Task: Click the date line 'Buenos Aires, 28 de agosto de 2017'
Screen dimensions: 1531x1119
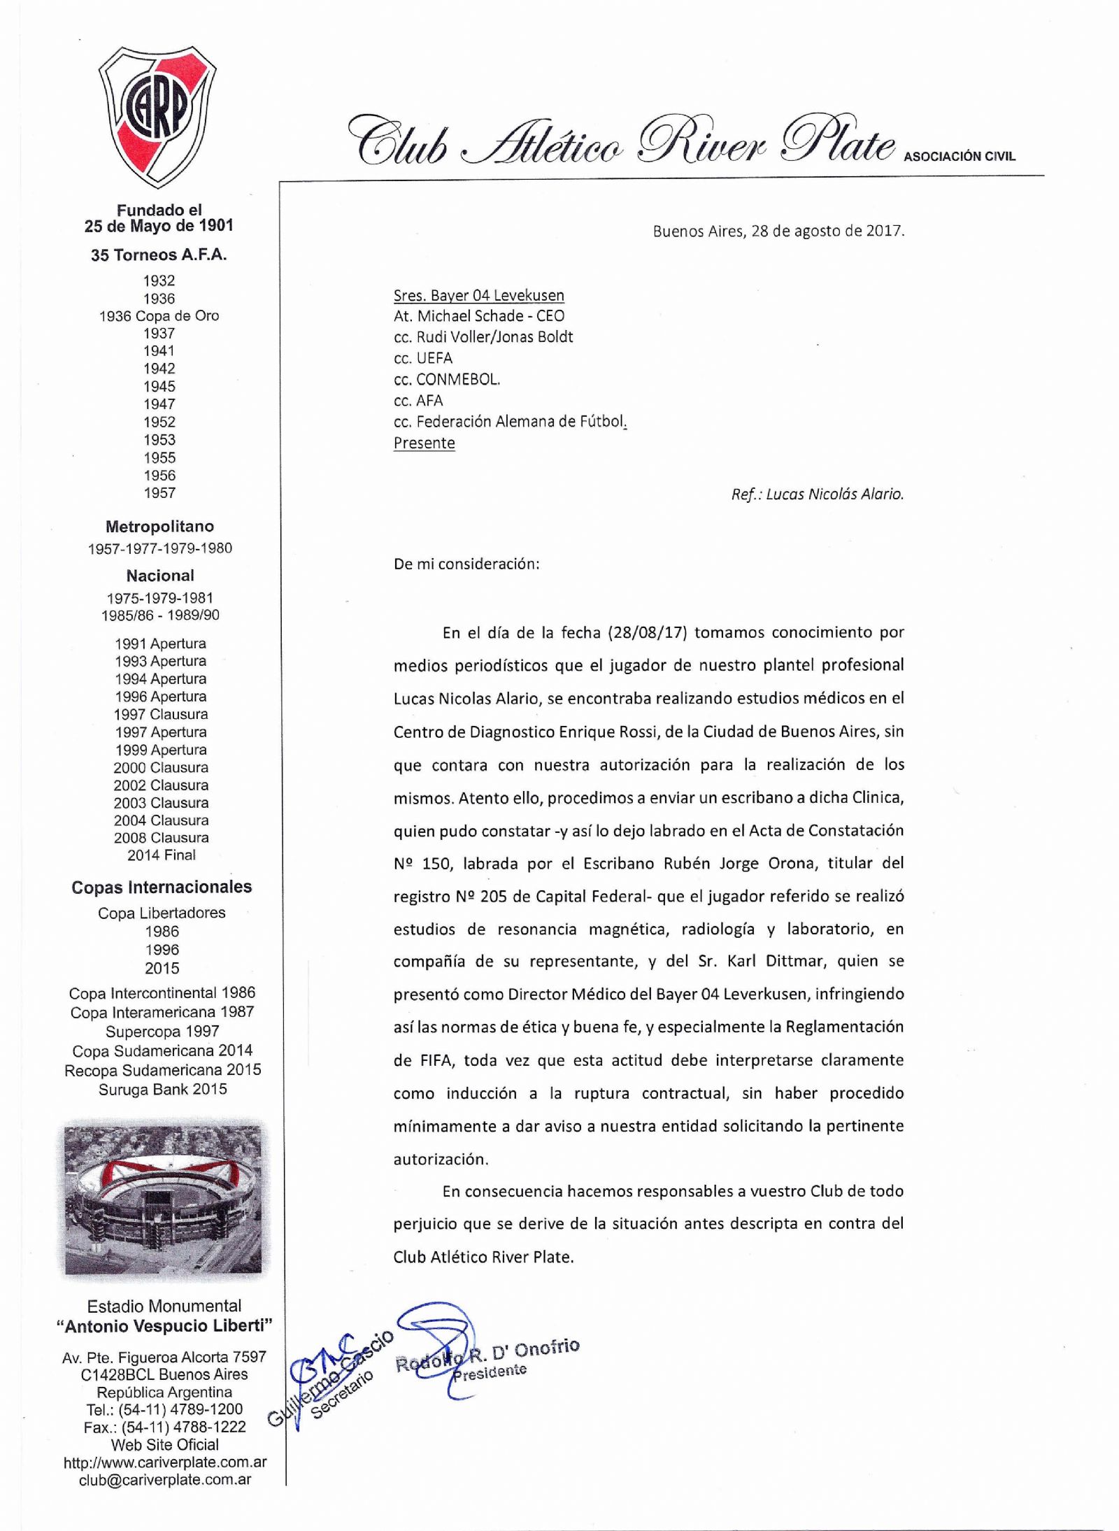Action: (778, 232)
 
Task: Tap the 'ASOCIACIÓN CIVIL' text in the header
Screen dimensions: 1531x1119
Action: (959, 157)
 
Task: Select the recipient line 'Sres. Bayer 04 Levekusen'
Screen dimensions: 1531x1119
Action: (478, 295)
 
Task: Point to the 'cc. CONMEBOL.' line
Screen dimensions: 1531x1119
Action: (447, 380)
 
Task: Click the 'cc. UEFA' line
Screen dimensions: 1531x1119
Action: (423, 358)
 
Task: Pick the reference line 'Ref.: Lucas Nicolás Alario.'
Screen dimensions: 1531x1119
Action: (817, 494)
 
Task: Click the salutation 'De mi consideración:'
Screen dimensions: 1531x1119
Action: (466, 564)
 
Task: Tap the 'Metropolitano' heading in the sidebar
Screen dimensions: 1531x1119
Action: (159, 527)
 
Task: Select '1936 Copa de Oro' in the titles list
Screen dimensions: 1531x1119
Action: (159, 316)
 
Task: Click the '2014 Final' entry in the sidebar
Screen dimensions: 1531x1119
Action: (162, 855)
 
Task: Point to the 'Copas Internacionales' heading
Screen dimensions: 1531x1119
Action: (162, 887)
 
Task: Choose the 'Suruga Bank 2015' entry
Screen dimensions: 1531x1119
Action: (163, 1089)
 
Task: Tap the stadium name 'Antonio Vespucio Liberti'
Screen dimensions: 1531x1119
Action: (165, 1326)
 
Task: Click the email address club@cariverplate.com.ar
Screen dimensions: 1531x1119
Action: (165, 1480)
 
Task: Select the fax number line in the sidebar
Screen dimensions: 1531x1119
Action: (165, 1427)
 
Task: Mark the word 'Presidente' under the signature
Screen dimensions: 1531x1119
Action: (490, 1372)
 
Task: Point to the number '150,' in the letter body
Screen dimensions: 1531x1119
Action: (439, 864)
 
